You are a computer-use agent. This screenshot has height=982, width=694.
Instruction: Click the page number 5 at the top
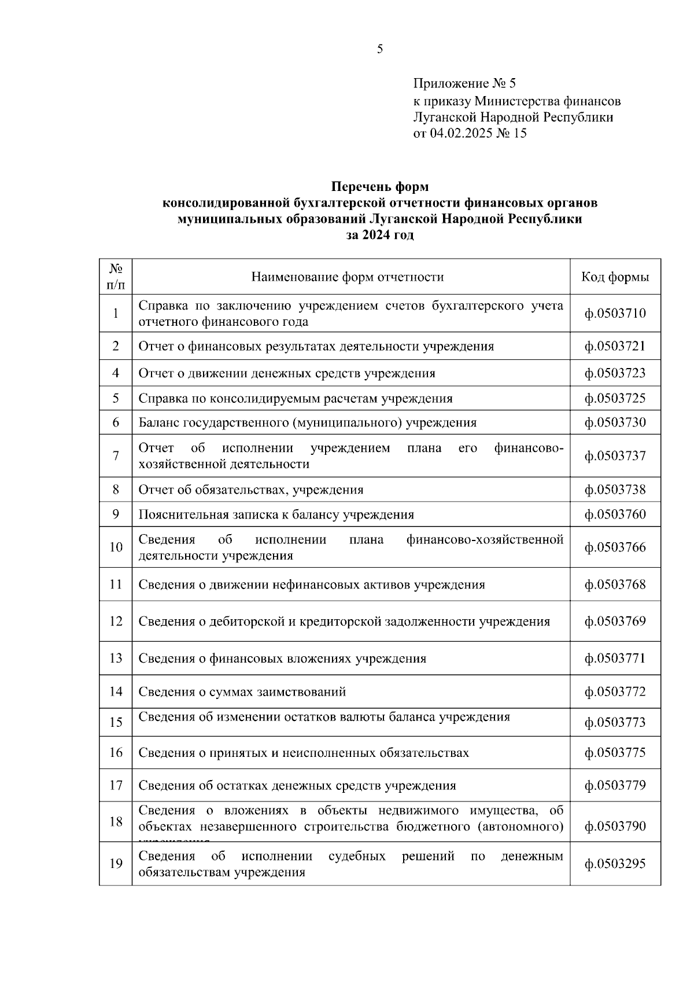[x=380, y=49]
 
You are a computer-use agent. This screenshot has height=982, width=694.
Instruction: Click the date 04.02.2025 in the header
[x=460, y=134]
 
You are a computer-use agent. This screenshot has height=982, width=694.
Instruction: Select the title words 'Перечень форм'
[x=380, y=187]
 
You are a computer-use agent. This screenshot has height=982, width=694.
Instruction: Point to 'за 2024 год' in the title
[x=380, y=236]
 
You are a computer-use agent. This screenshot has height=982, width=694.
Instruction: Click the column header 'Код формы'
[x=615, y=277]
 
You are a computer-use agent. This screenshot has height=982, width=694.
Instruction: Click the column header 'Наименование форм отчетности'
[x=348, y=277]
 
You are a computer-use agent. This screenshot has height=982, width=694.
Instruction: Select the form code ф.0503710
[x=615, y=313]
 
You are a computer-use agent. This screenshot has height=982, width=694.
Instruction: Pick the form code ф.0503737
[x=615, y=456]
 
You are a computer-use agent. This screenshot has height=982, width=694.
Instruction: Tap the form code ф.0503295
[x=615, y=864]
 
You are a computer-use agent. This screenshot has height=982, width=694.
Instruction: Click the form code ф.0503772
[x=615, y=692]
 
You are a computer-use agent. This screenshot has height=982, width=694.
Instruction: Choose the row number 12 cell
[x=116, y=621]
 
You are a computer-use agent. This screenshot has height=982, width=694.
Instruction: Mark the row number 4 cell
[x=116, y=373]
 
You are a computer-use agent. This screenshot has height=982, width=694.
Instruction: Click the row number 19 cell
[x=116, y=864]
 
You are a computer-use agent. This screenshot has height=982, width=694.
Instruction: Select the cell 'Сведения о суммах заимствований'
[x=242, y=692]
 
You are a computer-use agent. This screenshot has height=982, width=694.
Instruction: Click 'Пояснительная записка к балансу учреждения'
[x=276, y=514]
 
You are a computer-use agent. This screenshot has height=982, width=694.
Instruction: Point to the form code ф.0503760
[x=615, y=514]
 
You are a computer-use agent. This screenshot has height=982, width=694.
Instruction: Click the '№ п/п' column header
[x=116, y=277]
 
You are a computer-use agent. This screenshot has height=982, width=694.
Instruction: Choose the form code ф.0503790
[x=615, y=826]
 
